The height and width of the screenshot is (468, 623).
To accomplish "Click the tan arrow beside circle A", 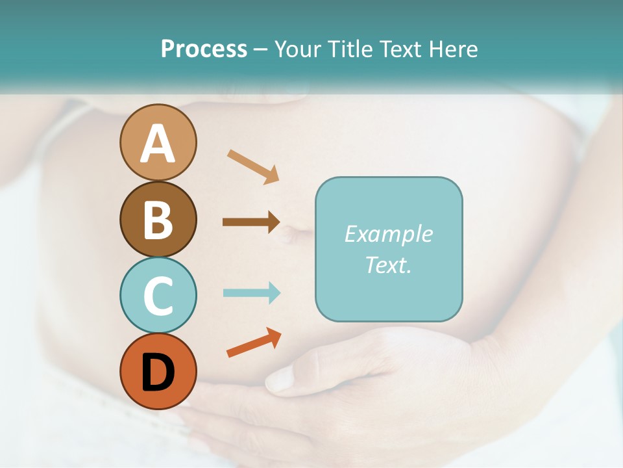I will pos(252,166).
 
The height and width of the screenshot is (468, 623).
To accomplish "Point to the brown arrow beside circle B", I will pos(250,222).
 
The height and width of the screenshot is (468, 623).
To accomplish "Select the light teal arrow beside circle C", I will pos(251,292).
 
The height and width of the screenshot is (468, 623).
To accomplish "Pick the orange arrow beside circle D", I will pos(254,343).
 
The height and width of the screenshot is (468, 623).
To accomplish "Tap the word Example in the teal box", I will pos(389,234).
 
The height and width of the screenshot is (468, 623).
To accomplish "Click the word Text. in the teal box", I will pos(389,265).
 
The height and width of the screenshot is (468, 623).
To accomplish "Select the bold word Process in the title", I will pos(204,49).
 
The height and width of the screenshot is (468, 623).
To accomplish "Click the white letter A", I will pos(158,144).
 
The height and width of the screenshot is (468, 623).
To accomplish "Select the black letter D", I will pos(158,372).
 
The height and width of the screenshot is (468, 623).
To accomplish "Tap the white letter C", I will pos(158,296).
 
